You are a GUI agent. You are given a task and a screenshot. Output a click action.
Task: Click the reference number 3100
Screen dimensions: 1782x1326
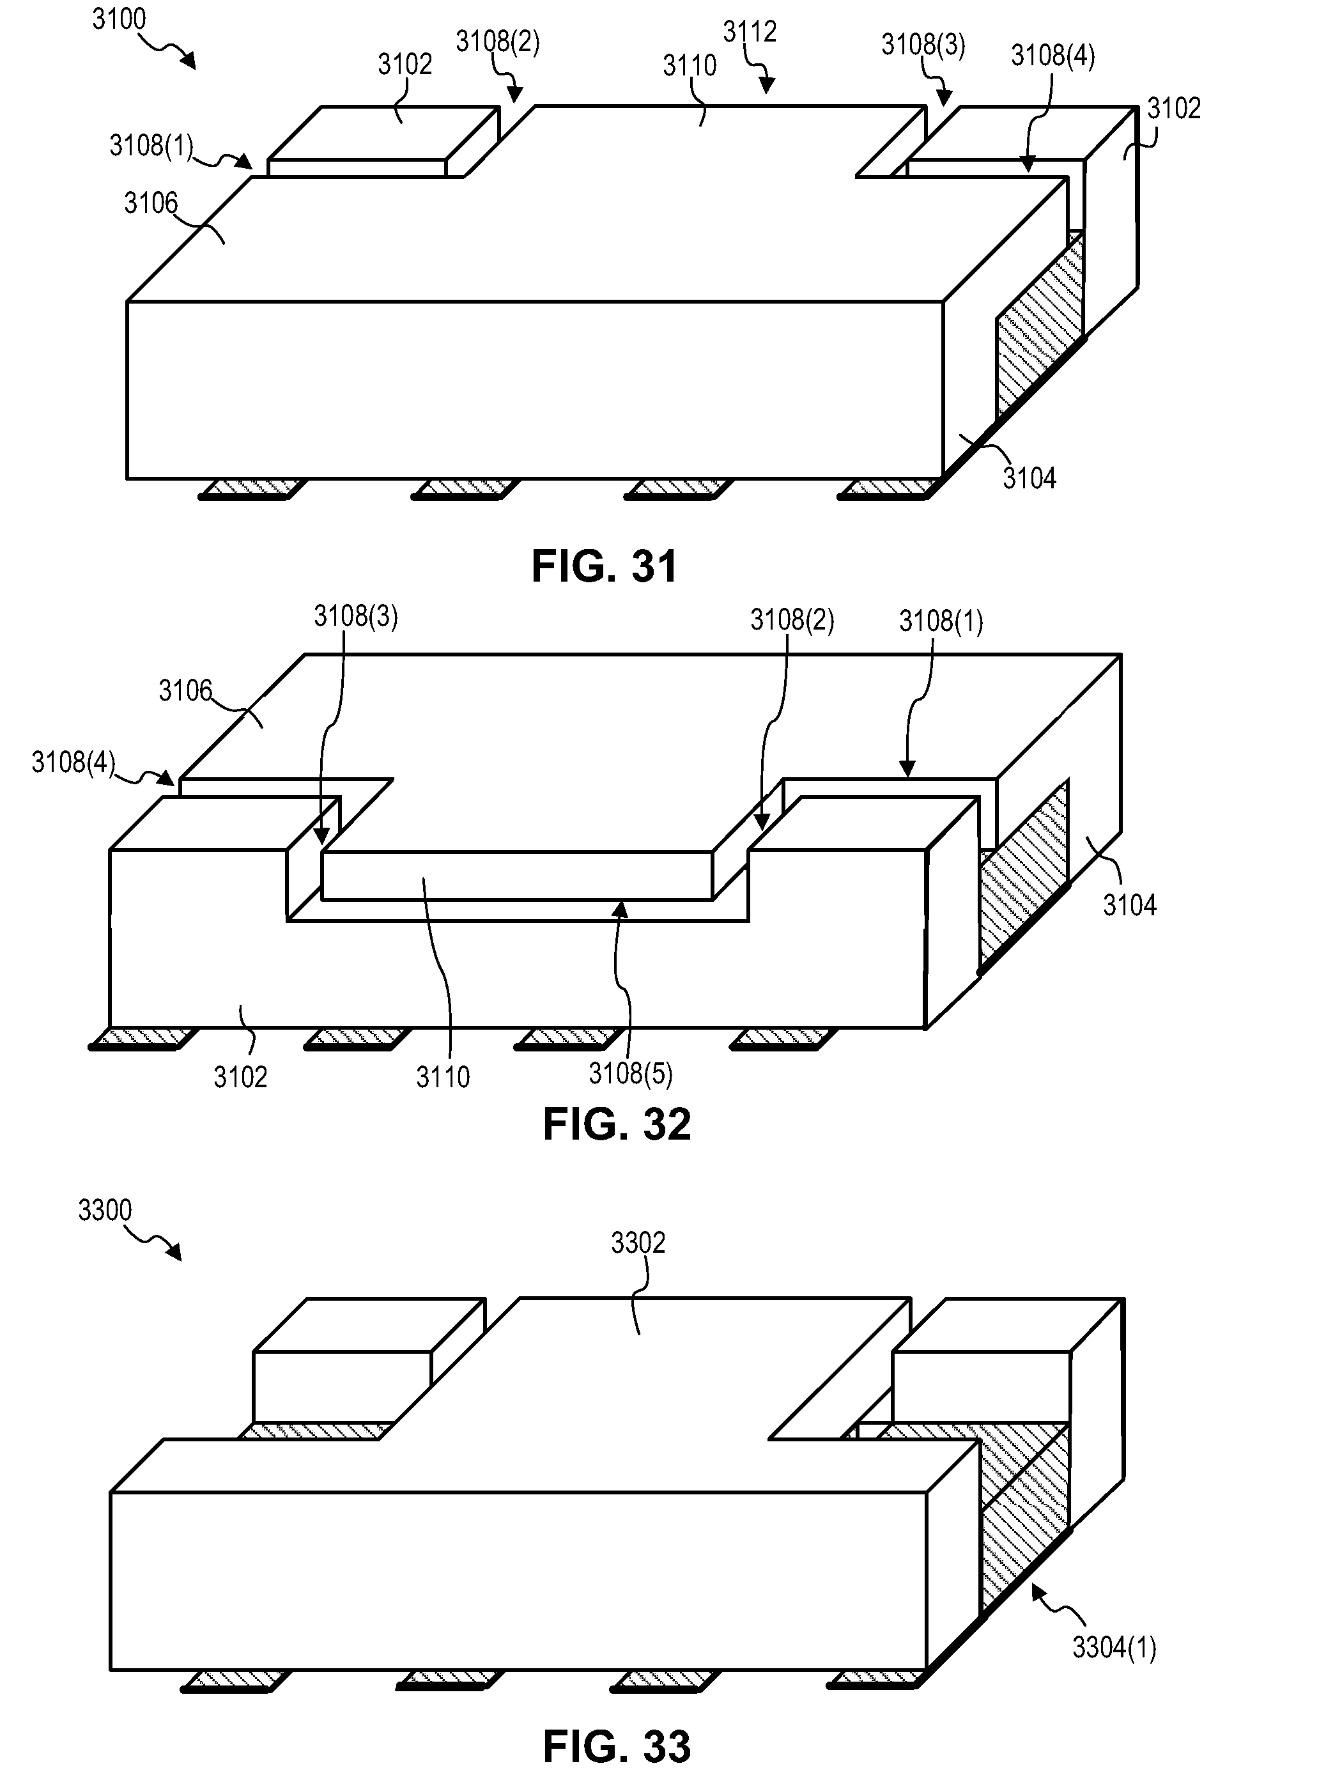pos(119,19)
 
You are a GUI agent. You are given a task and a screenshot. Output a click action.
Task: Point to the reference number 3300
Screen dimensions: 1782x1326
pos(104,1210)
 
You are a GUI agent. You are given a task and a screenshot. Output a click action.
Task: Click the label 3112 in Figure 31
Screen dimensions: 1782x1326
pos(750,32)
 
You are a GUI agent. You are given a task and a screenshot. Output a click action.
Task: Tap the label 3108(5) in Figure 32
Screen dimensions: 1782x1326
pos(630,1073)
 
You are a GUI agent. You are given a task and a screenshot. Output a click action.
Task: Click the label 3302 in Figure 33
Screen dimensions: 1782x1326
pos(638,1243)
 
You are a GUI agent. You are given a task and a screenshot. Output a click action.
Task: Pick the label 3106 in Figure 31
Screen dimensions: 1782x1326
pos(150,203)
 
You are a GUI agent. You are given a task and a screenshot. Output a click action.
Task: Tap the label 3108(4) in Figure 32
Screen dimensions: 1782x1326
pos(73,761)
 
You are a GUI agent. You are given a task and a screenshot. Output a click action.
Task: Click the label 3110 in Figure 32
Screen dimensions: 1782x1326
pos(442,1076)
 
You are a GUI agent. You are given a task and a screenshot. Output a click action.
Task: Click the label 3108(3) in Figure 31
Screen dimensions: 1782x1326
pos(923,45)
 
